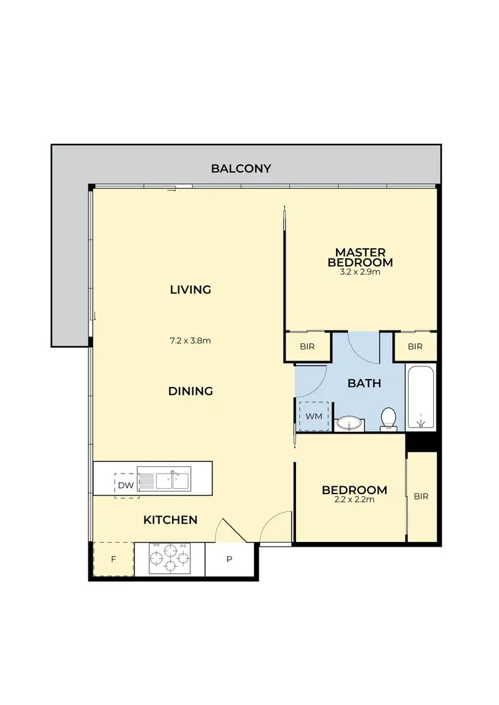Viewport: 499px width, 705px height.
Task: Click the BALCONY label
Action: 241,168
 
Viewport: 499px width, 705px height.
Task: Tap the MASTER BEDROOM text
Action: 360,257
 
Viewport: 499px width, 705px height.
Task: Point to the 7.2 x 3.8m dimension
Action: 190,341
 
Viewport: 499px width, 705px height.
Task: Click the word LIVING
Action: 190,289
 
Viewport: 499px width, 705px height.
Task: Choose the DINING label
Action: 190,391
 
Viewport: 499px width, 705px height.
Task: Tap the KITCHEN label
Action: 170,519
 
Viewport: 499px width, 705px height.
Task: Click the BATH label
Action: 364,383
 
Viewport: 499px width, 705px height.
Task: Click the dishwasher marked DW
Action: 126,485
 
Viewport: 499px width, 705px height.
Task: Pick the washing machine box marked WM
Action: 313,416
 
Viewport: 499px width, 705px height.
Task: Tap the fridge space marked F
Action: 112,559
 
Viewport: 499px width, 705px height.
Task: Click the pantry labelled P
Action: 230,559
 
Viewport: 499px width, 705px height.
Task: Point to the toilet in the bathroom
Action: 389,419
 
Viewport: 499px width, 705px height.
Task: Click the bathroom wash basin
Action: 349,422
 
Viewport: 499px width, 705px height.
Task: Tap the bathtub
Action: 420,397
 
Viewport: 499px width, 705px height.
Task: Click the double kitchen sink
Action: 173,479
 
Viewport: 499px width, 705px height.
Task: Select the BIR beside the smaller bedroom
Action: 421,496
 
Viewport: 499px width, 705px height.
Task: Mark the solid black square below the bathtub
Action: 421,441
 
